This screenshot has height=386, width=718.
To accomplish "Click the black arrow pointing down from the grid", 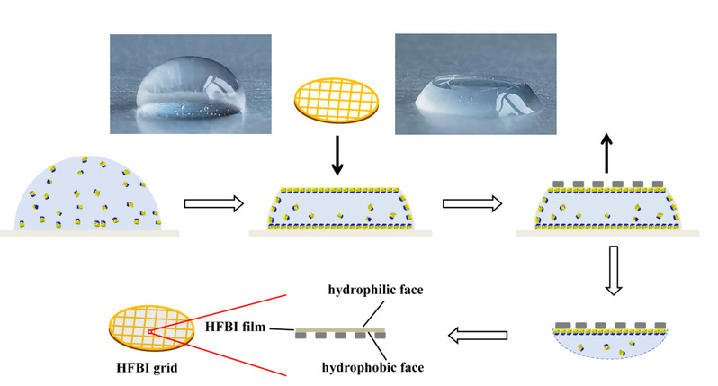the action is pyautogui.click(x=337, y=156).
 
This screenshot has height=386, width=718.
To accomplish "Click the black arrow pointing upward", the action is pyautogui.click(x=606, y=153).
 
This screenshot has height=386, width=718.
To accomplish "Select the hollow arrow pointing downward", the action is pyautogui.click(x=613, y=270).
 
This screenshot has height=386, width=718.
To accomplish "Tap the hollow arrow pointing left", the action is pyautogui.click(x=478, y=336).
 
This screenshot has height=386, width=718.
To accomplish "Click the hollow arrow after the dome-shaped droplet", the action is pyautogui.click(x=214, y=203).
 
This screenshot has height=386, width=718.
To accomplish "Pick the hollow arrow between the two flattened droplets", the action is pyautogui.click(x=472, y=203).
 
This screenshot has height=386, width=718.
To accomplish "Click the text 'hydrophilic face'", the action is pyautogui.click(x=375, y=290).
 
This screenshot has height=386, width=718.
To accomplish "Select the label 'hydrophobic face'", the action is pyautogui.click(x=372, y=367).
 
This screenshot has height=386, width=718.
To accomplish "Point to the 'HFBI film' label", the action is pyautogui.click(x=235, y=327).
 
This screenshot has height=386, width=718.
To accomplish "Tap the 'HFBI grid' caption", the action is pyautogui.click(x=147, y=368).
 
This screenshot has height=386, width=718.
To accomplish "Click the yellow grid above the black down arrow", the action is pyautogui.click(x=337, y=100).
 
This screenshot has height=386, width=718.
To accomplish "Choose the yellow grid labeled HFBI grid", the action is pyautogui.click(x=151, y=328).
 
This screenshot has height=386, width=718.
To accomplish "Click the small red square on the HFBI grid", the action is pyautogui.click(x=149, y=331).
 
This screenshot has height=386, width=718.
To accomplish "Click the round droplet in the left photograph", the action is pyautogui.click(x=190, y=88).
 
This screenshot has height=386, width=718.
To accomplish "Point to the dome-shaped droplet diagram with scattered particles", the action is pyautogui.click(x=87, y=193).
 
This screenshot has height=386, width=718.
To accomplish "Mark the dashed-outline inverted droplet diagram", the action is pyautogui.click(x=610, y=341).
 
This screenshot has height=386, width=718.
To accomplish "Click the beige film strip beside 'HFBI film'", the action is pyautogui.click(x=340, y=330).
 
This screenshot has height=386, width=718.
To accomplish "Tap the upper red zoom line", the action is pyautogui.click(x=218, y=313).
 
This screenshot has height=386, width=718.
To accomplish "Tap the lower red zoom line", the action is pyautogui.click(x=218, y=354).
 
